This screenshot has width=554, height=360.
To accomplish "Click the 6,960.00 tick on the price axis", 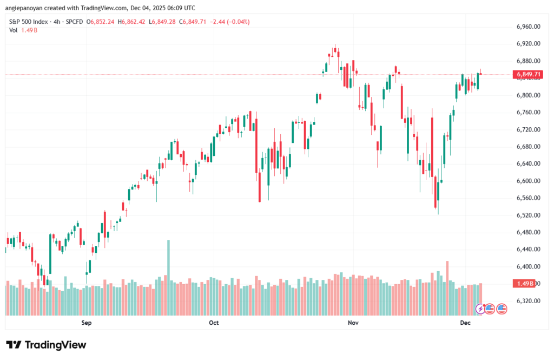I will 528,27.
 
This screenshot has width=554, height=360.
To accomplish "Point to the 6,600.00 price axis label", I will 528,181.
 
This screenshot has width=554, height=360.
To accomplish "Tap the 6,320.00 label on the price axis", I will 528,301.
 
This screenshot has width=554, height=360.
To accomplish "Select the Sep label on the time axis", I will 87,323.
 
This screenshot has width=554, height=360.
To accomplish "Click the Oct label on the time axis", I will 214,323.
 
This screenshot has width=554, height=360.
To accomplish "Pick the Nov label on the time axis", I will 353,323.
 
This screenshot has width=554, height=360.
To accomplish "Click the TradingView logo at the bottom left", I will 46,345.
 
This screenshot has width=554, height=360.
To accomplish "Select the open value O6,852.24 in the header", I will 102,22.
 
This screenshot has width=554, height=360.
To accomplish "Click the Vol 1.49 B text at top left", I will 22,30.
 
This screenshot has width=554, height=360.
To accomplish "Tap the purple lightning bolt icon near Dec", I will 480,309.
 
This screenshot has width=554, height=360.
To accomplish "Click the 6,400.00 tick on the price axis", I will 528,267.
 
